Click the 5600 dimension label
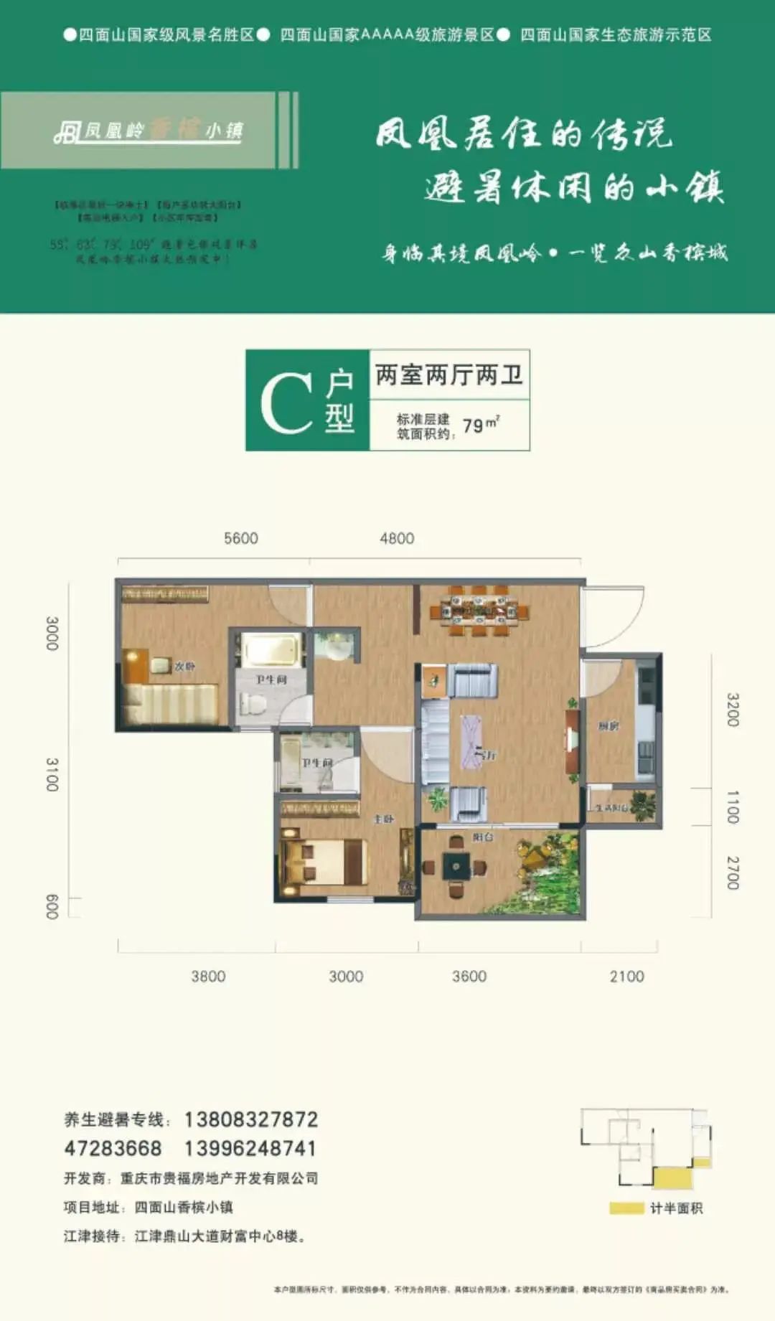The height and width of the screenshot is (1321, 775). point(241,538)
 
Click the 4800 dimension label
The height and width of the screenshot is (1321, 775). point(397,538)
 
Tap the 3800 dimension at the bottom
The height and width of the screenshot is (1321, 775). point(208,976)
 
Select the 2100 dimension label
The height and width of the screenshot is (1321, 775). point(626,976)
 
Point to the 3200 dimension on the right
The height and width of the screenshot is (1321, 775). point(732,710)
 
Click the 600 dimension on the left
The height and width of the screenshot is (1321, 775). point(52,907)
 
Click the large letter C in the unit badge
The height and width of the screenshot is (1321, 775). point(286,403)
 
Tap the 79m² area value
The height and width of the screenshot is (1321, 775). point(480,425)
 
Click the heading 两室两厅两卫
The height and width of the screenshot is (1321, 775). point(449,375)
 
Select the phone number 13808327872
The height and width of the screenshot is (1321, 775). point(251,1119)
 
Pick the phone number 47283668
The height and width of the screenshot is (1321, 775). point(113,1148)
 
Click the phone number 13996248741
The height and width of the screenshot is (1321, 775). point(250,1148)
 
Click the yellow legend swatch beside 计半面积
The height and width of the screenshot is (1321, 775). point(626,1208)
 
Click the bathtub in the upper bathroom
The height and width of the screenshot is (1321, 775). point(270,649)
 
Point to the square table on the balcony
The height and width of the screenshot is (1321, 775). point(456,866)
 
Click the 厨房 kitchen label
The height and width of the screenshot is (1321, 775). point(608,726)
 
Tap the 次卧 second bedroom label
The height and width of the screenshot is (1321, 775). point(184,666)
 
